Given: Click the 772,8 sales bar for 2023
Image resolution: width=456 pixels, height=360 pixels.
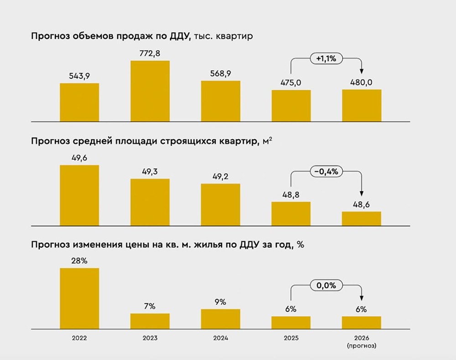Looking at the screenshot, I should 150,91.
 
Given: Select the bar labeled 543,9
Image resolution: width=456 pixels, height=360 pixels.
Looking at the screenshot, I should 79,102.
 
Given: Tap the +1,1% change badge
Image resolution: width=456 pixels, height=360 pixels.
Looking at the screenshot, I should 326,58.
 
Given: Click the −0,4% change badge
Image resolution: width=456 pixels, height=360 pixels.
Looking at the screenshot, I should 326,172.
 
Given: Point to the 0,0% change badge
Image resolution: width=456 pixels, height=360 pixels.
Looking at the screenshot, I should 326,286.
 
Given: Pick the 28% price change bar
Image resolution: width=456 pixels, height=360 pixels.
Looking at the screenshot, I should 79,298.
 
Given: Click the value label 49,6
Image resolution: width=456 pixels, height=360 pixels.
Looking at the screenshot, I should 79,157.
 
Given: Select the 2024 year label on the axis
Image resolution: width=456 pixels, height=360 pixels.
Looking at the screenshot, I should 220,338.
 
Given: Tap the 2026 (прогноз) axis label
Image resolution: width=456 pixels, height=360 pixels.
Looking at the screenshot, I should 362,341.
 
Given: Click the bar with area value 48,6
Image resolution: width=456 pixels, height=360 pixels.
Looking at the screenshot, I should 362,219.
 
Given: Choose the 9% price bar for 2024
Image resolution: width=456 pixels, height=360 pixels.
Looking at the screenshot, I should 220,319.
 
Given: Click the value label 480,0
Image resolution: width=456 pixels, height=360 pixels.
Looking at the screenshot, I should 362,83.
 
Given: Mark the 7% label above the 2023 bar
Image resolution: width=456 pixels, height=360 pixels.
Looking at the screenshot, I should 150,306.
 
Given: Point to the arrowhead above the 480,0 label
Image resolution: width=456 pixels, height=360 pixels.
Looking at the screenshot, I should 362,71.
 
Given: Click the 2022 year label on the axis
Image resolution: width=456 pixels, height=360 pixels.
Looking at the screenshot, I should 79,338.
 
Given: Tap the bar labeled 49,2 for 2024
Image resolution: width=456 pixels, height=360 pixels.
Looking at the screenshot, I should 220,204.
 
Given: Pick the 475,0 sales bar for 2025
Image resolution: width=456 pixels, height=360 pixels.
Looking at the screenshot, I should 291,105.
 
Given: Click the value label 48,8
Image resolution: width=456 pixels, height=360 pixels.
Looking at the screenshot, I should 291,194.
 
